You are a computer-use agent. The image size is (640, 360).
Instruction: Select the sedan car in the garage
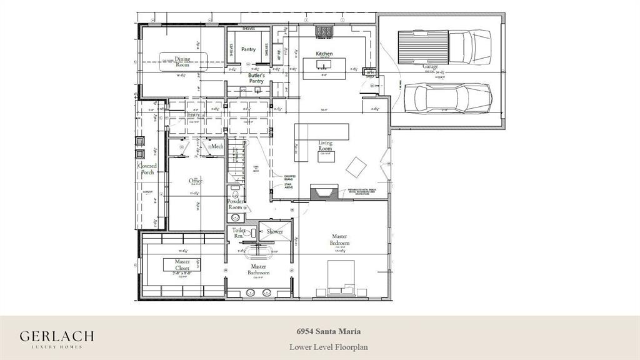447,97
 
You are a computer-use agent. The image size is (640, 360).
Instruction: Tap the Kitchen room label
324,54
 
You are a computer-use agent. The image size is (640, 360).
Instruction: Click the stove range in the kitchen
325,29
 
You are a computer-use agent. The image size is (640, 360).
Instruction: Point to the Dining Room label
182,62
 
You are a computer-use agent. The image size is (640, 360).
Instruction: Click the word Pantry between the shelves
248,49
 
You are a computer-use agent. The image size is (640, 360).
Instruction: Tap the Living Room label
325,146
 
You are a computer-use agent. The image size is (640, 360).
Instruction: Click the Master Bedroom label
340,239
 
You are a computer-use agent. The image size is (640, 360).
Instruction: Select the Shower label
274,231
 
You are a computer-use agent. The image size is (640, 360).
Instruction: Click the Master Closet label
182,264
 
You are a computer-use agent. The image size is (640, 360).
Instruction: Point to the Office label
196,181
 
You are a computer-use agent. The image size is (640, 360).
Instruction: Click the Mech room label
217,146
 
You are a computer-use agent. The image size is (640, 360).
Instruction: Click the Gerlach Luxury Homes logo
57,338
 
